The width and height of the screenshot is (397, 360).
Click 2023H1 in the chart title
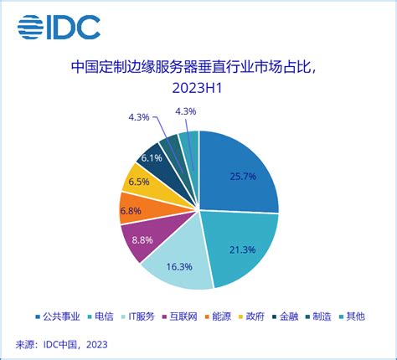198,88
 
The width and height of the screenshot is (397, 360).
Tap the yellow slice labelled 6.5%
138,181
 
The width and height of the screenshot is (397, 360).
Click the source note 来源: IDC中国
62,344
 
